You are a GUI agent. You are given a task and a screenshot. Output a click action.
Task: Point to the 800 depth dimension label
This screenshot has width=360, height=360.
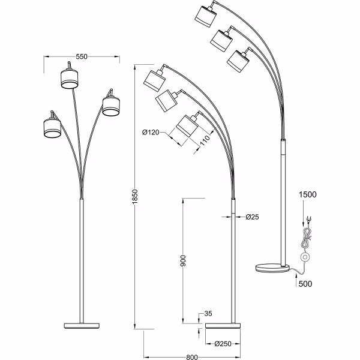191,357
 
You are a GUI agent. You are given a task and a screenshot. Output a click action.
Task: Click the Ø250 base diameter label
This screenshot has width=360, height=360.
223,344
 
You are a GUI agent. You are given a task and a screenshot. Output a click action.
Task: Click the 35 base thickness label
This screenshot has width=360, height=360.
208,313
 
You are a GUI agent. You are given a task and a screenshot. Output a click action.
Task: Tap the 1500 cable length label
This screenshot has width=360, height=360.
308,194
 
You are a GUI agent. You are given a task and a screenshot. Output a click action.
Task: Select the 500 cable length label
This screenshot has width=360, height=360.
306,284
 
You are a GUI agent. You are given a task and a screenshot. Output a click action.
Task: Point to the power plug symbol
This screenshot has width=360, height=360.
308,219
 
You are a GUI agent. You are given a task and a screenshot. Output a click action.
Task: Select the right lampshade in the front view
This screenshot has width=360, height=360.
110,105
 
